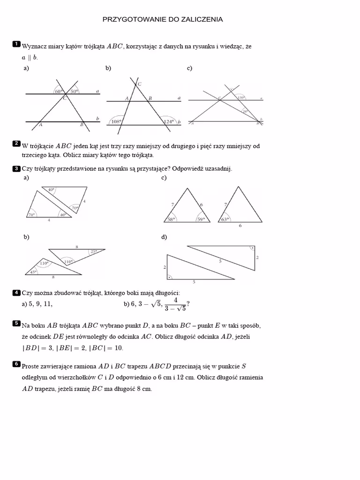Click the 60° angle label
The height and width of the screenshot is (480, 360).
(58, 92)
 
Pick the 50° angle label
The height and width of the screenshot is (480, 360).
(75, 92)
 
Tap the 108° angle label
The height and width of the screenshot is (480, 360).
(116, 121)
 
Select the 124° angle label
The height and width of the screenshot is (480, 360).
(169, 121)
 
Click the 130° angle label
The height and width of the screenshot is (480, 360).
(241, 97)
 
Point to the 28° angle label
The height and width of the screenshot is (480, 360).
(245, 111)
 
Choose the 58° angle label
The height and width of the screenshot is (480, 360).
(171, 218)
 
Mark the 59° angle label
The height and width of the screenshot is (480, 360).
(201, 218)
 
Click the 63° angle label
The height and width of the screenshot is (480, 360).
(225, 218)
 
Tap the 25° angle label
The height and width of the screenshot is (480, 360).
(94, 251)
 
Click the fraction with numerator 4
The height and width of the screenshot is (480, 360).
(175, 304)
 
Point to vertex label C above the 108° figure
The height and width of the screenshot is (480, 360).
(139, 84)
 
